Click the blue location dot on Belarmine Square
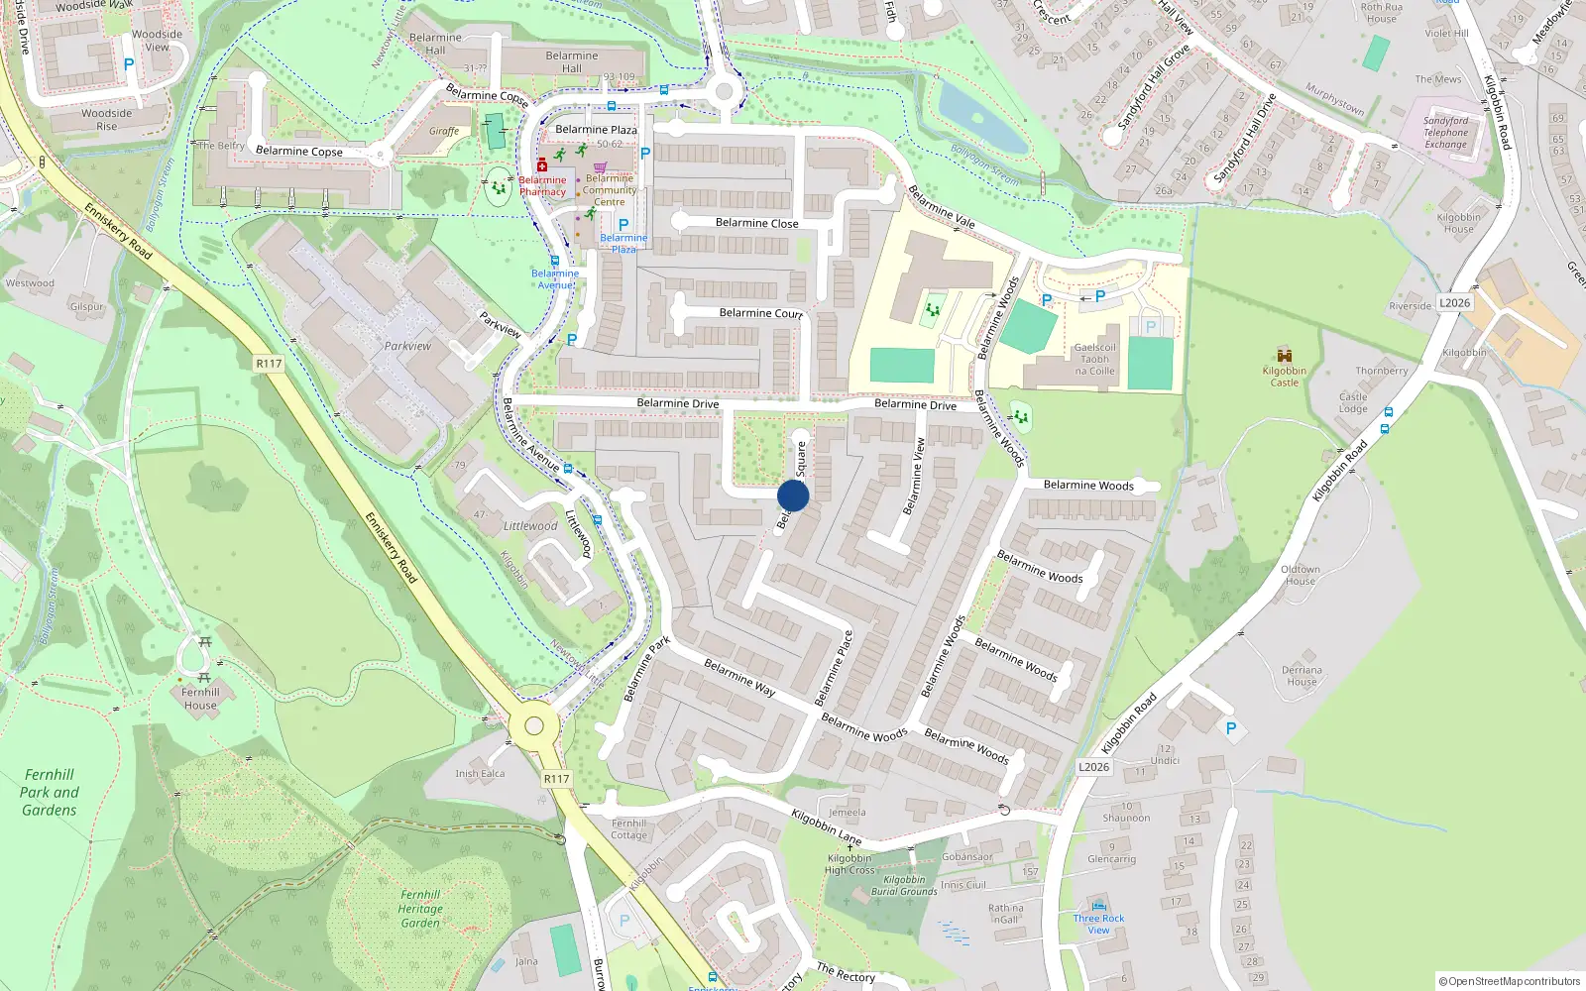[x=793, y=495]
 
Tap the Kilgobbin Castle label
[x=1284, y=377]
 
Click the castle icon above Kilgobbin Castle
[x=1285, y=355]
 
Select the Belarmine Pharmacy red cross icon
[x=542, y=166]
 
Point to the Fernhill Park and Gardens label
[x=50, y=792]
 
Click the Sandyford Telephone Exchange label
[x=1445, y=133]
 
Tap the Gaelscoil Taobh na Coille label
[x=1094, y=360]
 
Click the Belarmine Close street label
[x=756, y=223]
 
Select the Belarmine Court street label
[x=760, y=313]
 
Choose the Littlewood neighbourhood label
[x=530, y=526]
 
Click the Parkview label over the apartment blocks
[x=407, y=346]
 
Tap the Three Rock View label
[x=1098, y=924]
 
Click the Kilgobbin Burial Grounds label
[x=904, y=885]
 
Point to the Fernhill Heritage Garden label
[x=420, y=909]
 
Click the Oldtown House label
[x=1300, y=575]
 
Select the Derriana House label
[x=1302, y=676]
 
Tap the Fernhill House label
[x=200, y=699]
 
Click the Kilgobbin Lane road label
[x=826, y=826]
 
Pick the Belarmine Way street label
[x=739, y=678]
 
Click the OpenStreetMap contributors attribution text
[x=1510, y=981]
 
